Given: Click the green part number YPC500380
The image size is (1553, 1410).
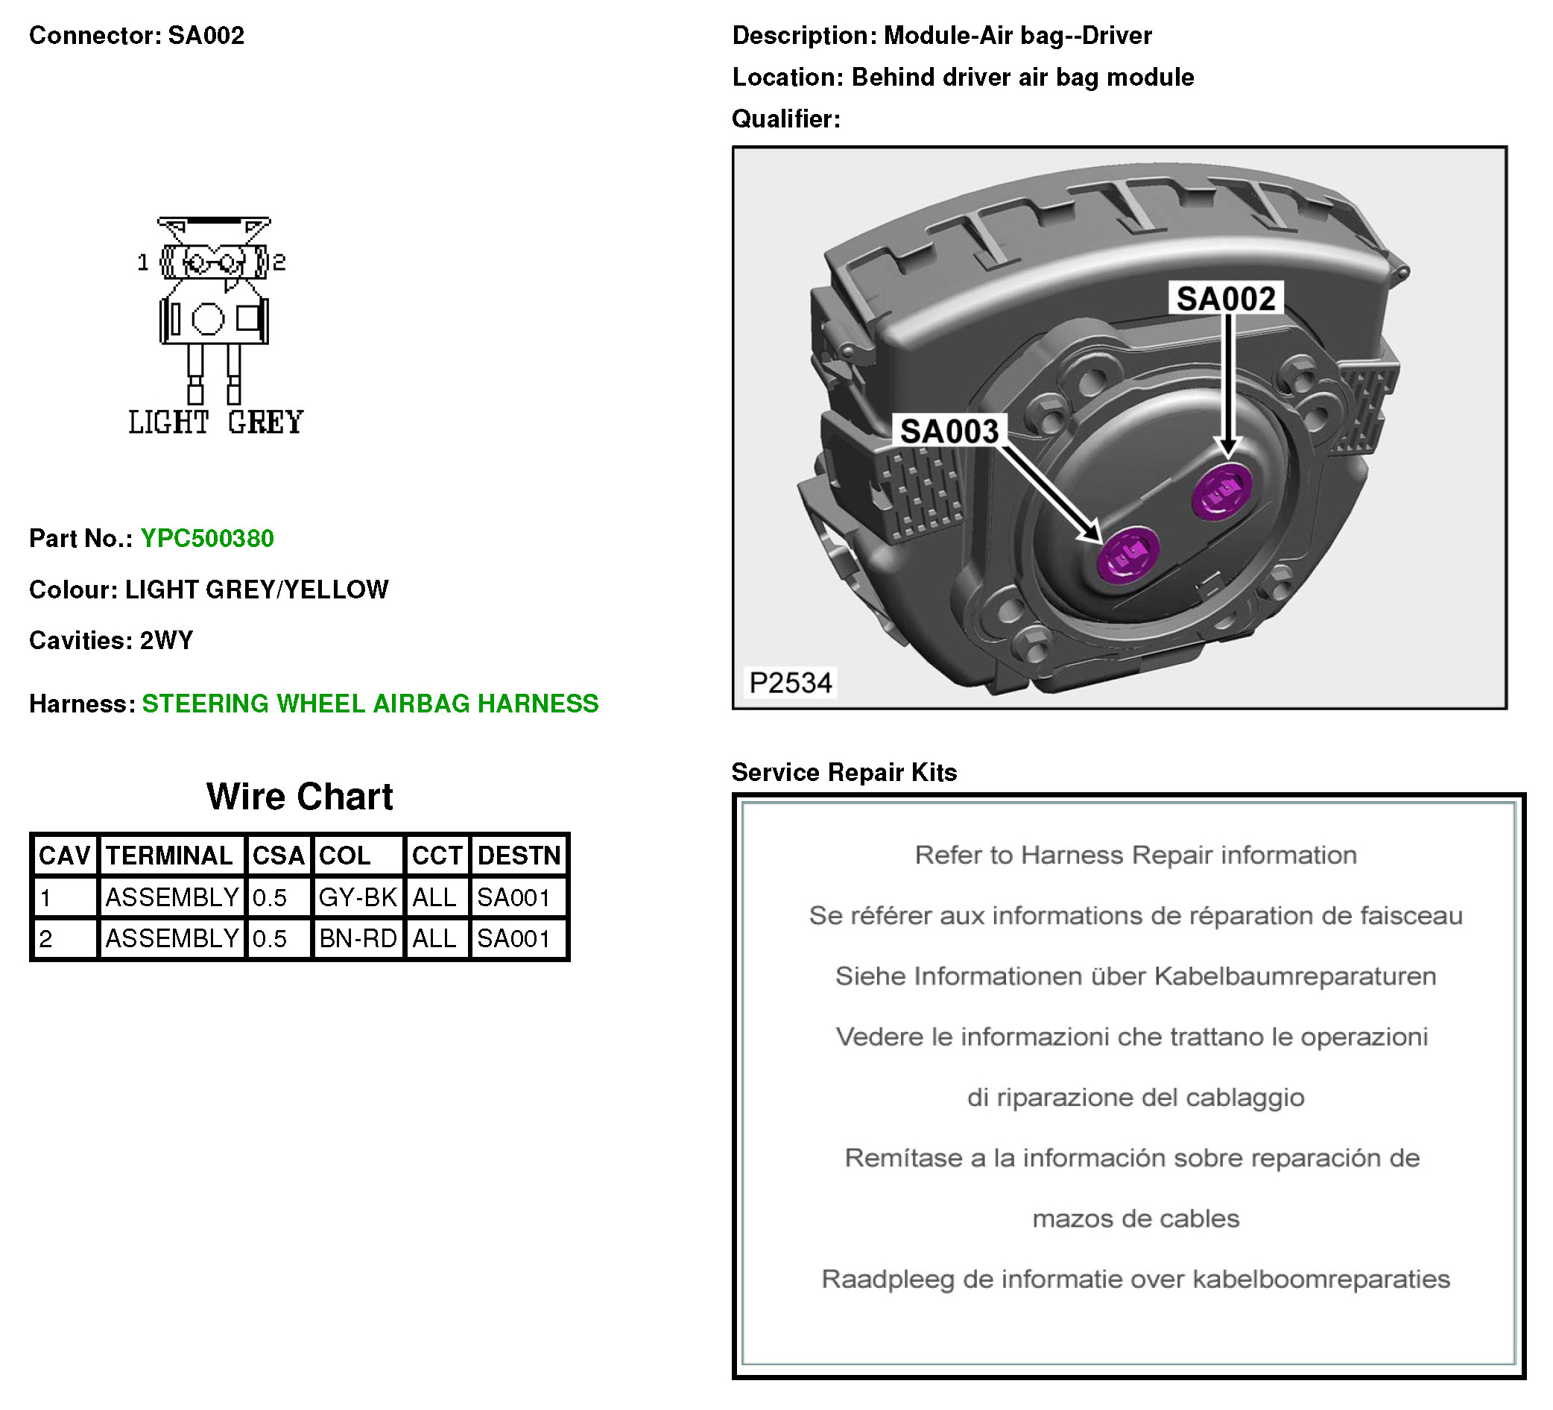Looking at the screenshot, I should (206, 538).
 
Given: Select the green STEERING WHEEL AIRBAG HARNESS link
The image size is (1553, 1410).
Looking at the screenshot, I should (370, 704).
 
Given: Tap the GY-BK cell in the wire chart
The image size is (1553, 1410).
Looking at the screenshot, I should (358, 897).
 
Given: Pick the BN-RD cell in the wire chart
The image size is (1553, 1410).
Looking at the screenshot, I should (358, 938).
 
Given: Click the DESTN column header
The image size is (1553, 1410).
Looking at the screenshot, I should (519, 856).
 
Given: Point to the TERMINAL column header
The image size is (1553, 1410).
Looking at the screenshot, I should (169, 856).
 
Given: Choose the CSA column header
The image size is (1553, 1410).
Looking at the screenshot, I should (278, 856).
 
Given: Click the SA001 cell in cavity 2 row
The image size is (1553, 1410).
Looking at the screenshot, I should (513, 938).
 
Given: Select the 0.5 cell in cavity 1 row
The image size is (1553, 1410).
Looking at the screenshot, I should (270, 897).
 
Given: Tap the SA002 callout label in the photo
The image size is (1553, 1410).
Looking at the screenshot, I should (1226, 298).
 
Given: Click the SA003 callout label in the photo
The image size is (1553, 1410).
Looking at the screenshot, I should (949, 431).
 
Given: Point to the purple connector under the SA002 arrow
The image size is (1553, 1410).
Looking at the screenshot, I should (1221, 491).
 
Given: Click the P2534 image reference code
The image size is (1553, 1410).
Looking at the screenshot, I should (791, 683).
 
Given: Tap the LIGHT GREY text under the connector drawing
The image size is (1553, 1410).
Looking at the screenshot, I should (215, 423).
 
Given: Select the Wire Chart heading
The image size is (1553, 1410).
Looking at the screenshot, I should (300, 797).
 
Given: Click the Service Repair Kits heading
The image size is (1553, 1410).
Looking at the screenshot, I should (844, 772).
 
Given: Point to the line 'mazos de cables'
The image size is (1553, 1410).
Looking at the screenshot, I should (1136, 1218).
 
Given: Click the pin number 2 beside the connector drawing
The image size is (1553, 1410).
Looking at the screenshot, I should (279, 263).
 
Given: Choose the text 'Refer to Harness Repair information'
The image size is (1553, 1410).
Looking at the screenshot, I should (1136, 855).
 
